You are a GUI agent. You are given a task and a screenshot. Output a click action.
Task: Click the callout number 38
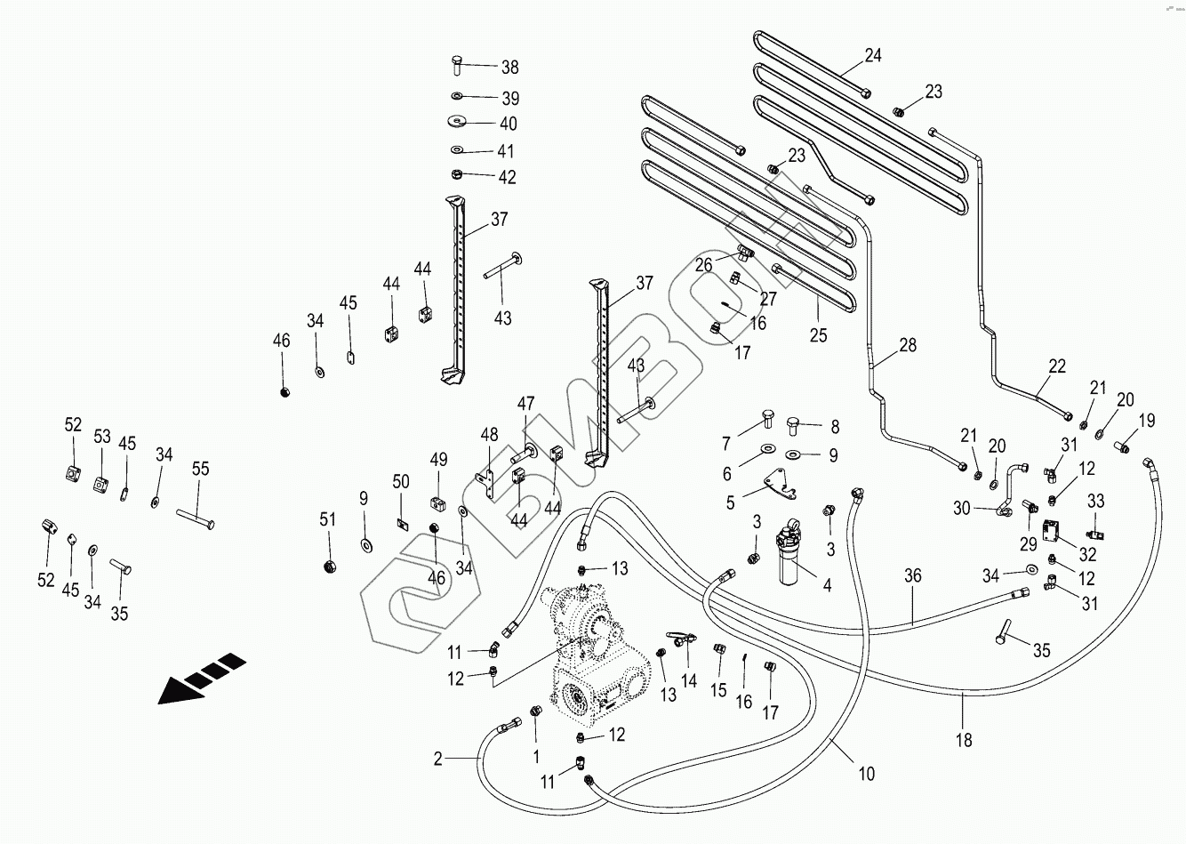509,68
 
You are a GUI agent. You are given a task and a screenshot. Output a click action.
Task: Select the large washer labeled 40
458,120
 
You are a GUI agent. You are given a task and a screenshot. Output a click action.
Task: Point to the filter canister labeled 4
789,557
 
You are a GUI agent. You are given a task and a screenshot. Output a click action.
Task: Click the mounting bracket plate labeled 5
769,484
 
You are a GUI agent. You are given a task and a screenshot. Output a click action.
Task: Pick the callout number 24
873,56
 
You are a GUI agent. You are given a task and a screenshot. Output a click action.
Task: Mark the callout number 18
964,739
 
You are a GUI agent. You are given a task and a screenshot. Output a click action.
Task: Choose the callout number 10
867,774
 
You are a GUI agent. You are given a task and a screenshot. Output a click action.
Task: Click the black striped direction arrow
201,677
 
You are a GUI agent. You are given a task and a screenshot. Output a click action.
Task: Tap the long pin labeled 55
195,516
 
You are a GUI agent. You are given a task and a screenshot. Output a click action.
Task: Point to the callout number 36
912,575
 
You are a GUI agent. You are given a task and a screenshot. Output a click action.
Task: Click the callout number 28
907,346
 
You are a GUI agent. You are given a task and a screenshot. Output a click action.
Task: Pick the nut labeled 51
328,566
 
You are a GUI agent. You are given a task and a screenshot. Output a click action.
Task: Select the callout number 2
437,759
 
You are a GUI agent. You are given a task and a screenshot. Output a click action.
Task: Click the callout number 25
818,335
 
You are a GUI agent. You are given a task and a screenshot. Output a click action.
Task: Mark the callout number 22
1057,365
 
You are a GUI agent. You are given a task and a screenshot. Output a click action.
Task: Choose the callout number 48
490,435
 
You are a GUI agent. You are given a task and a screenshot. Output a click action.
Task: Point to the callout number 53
102,437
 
